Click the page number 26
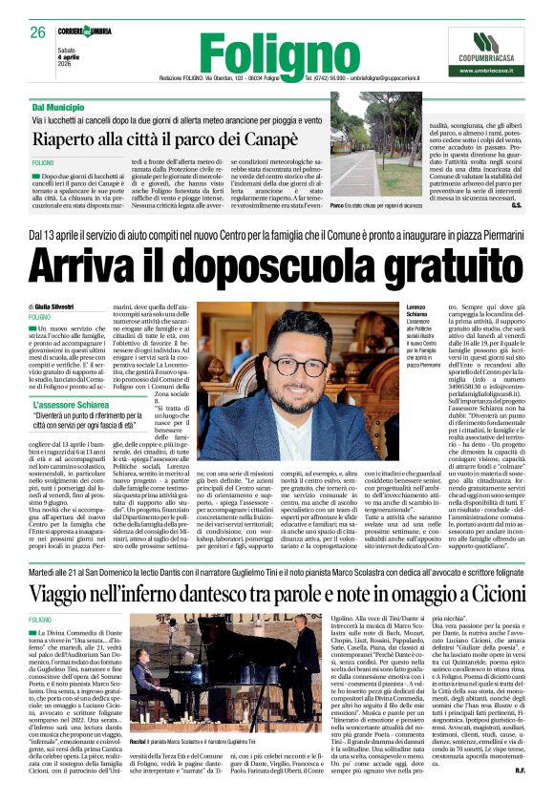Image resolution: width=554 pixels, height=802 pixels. coord(37,32)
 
